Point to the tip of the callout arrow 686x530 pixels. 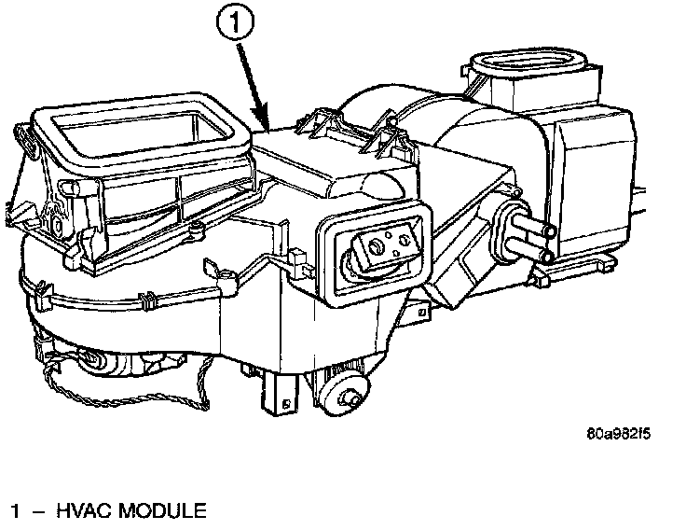tap(268, 127)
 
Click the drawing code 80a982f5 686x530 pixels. tap(618, 434)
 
